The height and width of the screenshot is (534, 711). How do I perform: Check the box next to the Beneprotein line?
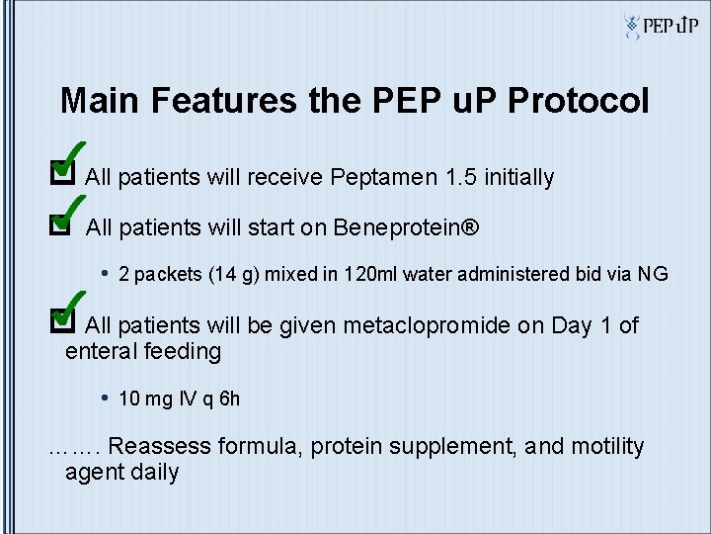61,225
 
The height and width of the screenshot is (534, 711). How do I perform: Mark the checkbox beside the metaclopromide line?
61,319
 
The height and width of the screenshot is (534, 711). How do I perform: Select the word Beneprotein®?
406,228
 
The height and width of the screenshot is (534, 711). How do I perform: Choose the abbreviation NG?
653,274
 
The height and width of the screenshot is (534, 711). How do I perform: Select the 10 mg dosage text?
144,399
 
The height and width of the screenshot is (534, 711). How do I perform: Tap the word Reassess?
160,447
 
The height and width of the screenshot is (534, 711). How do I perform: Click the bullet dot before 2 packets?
105,273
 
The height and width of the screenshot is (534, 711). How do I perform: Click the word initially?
516,178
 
